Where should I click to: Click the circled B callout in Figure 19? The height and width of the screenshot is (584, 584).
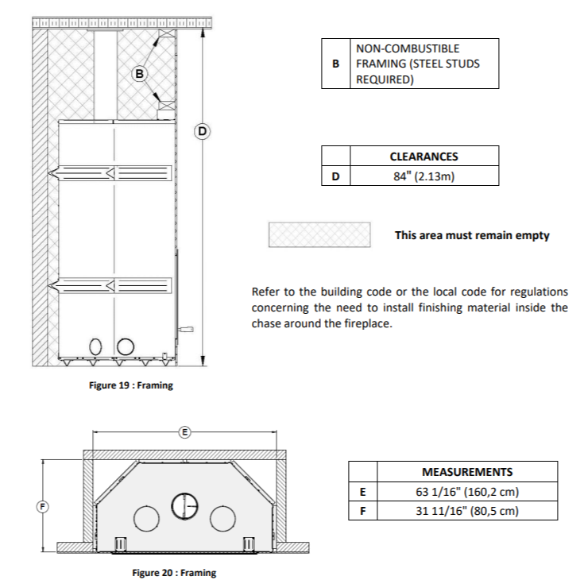pyautogui.click(x=140, y=74)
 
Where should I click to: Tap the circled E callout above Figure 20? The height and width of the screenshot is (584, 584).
pyautogui.click(x=184, y=432)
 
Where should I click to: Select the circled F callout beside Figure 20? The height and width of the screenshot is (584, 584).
pyautogui.click(x=44, y=506)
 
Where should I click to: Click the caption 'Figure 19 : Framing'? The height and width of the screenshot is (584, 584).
pyautogui.click(x=131, y=385)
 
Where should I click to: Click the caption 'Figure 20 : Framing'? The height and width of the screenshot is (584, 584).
pyautogui.click(x=174, y=572)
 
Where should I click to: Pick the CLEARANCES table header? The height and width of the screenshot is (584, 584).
pyautogui.click(x=423, y=157)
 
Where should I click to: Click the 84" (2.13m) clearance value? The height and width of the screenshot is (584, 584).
pyautogui.click(x=423, y=176)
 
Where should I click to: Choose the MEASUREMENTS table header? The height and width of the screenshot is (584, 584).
pyautogui.click(x=466, y=471)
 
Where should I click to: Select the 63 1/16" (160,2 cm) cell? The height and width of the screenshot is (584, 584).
pyautogui.click(x=466, y=492)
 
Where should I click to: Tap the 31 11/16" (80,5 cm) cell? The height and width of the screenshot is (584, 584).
pyautogui.click(x=466, y=511)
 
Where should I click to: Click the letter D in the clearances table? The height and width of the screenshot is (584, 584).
pyautogui.click(x=335, y=176)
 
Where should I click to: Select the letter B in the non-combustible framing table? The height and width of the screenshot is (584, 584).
pyautogui.click(x=335, y=64)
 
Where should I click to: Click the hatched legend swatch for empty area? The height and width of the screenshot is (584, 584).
pyautogui.click(x=320, y=234)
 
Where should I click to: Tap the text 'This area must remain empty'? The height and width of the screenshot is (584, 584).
pyautogui.click(x=472, y=235)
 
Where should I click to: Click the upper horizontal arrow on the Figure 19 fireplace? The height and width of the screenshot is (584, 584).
pyautogui.click(x=111, y=172)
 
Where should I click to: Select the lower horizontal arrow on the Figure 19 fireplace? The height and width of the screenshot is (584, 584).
pyautogui.click(x=111, y=284)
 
